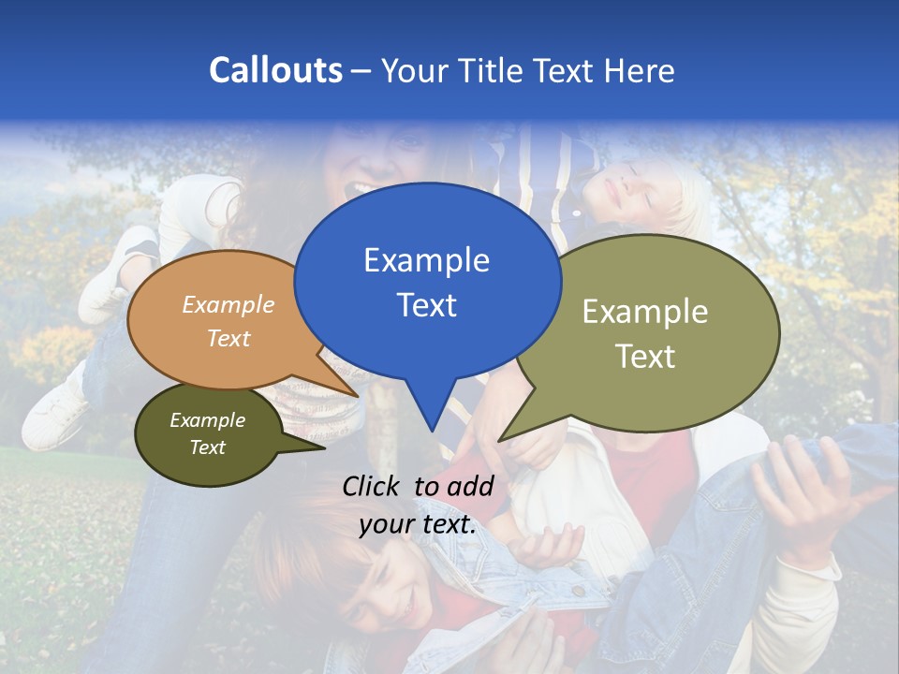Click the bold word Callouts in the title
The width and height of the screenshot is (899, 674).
pos(275,70)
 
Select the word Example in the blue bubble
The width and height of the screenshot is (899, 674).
pos(426,260)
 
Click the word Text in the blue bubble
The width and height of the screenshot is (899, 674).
pos(426,305)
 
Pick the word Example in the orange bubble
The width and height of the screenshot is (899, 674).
pos(228,304)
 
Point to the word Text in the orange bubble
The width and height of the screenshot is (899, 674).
pos(228,338)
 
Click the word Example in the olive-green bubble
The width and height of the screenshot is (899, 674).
pos(645,312)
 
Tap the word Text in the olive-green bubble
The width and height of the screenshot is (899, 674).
pos(645,357)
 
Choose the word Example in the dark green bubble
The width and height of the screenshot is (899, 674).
pos(207,420)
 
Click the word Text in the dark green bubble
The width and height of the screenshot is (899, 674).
pos(207,447)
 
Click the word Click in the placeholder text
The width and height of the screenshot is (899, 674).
pos(374,486)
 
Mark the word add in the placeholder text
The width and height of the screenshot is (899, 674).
pos(471,486)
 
